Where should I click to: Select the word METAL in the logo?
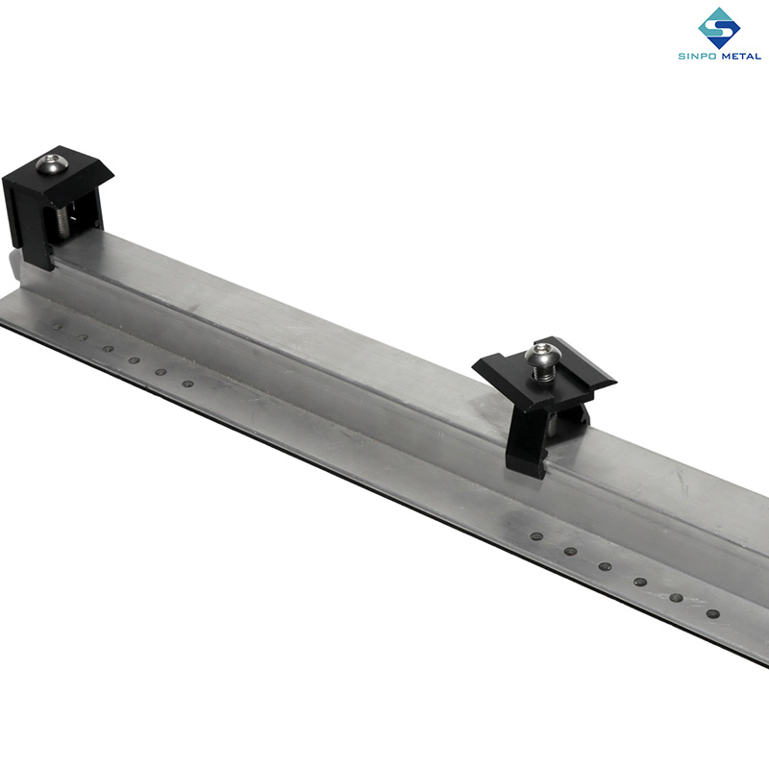738,57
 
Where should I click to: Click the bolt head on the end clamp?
53,164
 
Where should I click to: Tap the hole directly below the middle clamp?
535,535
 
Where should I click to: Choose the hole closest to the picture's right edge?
712,613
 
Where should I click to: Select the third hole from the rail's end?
108,349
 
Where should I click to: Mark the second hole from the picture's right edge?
676,597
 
